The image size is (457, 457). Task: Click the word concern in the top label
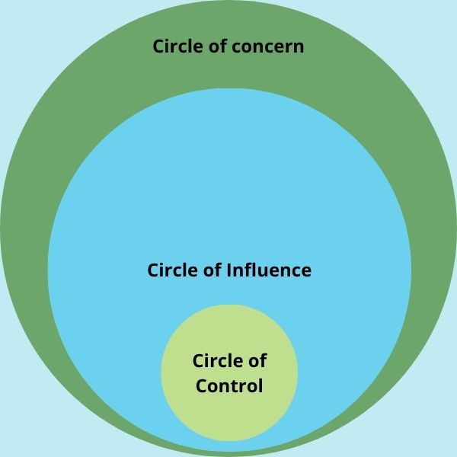(270, 46)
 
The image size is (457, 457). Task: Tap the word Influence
(270, 270)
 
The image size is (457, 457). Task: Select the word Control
(229, 385)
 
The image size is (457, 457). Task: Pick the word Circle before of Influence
(172, 270)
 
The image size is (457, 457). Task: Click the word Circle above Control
(218, 360)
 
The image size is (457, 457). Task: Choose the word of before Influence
(214, 270)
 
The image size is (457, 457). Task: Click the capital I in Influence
(230, 270)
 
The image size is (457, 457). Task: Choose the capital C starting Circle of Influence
(154, 270)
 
